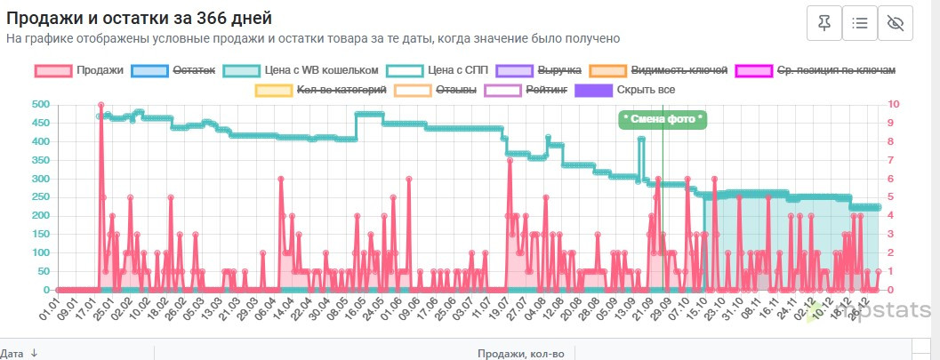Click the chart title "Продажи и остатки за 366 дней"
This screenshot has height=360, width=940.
coord(139,18)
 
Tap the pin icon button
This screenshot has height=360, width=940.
coord(824,24)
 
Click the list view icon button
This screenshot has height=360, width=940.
coord(859,24)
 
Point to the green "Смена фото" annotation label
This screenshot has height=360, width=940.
coord(663,119)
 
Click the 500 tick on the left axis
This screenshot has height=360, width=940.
coord(40,105)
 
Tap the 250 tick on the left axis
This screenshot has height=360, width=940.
coord(40,197)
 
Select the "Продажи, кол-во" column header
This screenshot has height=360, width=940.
coord(520,353)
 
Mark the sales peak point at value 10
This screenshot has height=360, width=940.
coord(101,105)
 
